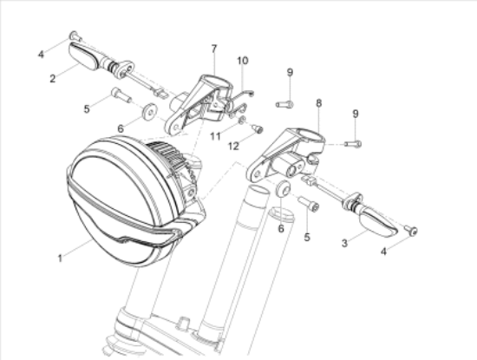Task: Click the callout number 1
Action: click(x=59, y=259)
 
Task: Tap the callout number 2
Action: click(x=52, y=79)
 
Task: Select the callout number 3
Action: click(x=344, y=244)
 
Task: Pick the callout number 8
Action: click(x=319, y=103)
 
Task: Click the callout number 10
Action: click(x=243, y=60)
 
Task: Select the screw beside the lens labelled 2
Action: click(x=75, y=36)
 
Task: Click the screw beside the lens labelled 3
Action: click(x=410, y=230)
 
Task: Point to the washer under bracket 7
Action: click(x=150, y=111)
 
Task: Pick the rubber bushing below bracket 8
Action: click(x=282, y=188)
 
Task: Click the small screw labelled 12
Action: click(x=257, y=129)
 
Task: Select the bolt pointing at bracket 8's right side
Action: click(x=351, y=143)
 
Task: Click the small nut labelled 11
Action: click(x=242, y=120)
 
